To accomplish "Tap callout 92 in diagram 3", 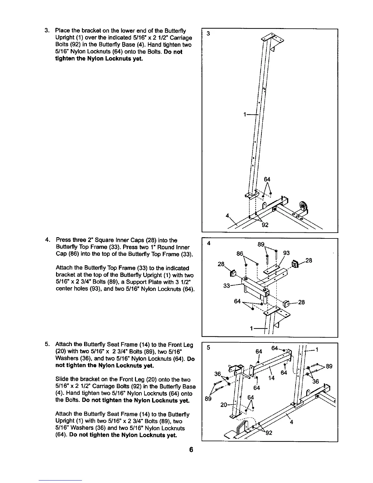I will [265, 225].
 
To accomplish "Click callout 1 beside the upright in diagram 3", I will [245, 115].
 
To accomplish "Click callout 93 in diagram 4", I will [286, 253].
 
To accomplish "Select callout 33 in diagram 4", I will [227, 286].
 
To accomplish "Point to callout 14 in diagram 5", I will [272, 378].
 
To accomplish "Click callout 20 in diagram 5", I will [223, 405].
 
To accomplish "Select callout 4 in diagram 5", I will [291, 422].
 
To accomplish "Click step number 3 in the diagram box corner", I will [208, 34].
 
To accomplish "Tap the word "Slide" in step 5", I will [62, 379].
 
